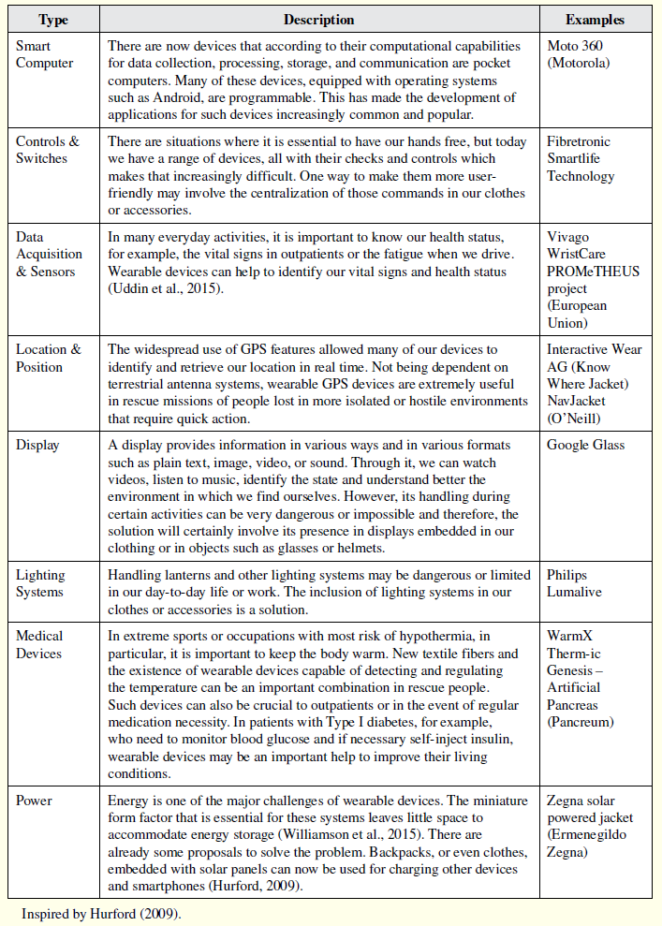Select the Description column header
(x=318, y=19)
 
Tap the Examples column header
(x=595, y=19)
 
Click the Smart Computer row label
(x=44, y=53)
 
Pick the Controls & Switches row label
(x=48, y=150)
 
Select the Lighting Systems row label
(x=40, y=583)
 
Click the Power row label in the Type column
(x=34, y=801)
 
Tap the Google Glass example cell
(x=585, y=445)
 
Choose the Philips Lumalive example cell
(x=574, y=583)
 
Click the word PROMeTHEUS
(x=594, y=272)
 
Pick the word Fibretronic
(x=581, y=141)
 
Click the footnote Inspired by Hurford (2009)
(x=101, y=913)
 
